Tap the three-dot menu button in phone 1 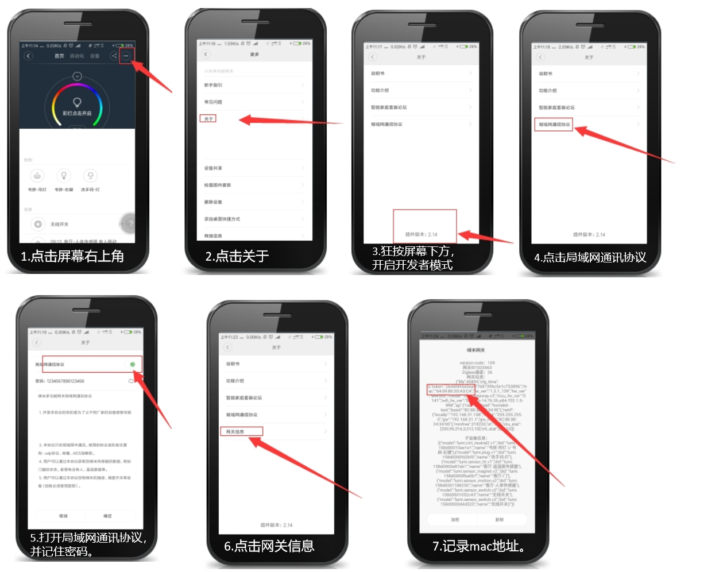(126, 56)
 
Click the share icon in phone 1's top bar (114, 56)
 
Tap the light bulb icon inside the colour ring (77, 102)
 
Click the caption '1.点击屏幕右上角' (72, 256)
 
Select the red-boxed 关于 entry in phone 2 (208, 119)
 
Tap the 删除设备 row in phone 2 (213, 202)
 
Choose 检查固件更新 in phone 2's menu (218, 185)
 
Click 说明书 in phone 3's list (377, 74)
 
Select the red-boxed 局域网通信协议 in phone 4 (554, 125)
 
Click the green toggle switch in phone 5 (132, 365)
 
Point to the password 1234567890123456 (60, 381)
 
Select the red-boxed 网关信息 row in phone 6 (235, 431)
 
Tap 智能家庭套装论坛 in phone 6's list (244, 397)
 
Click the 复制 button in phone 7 (499, 519)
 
